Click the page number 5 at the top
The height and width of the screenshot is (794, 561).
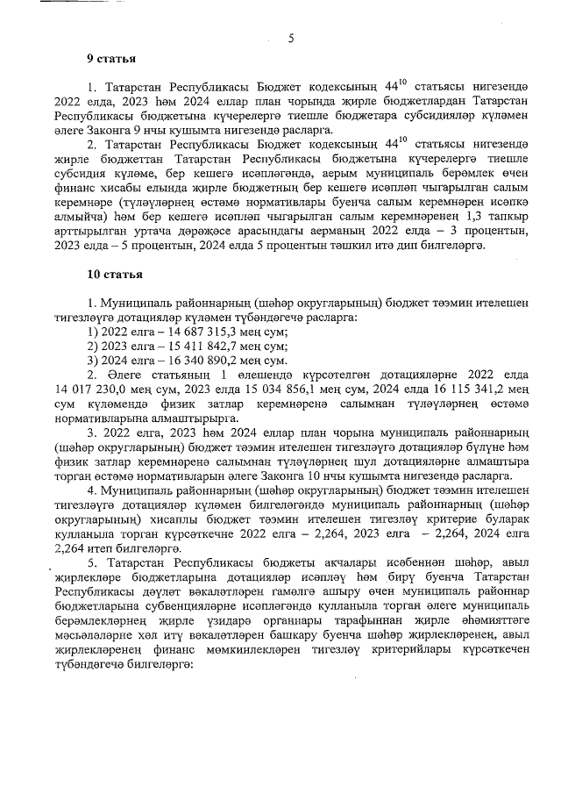(x=290, y=38)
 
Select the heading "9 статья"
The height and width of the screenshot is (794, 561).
(x=110, y=59)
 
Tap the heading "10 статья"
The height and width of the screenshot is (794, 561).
(x=114, y=274)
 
